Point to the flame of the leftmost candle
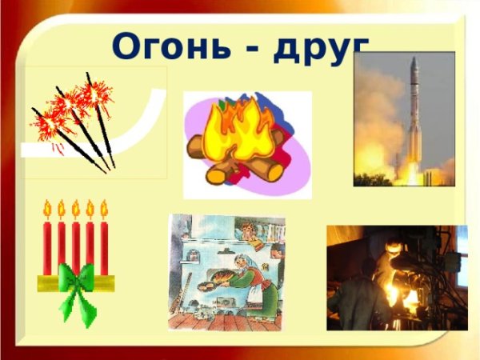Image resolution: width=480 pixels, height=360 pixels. coord(47,209)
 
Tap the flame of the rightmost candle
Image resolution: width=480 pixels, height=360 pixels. coord(104,209)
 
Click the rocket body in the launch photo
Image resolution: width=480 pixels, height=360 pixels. coord(414,120)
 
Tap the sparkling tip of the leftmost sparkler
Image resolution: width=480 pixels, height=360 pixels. coord(44,124)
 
